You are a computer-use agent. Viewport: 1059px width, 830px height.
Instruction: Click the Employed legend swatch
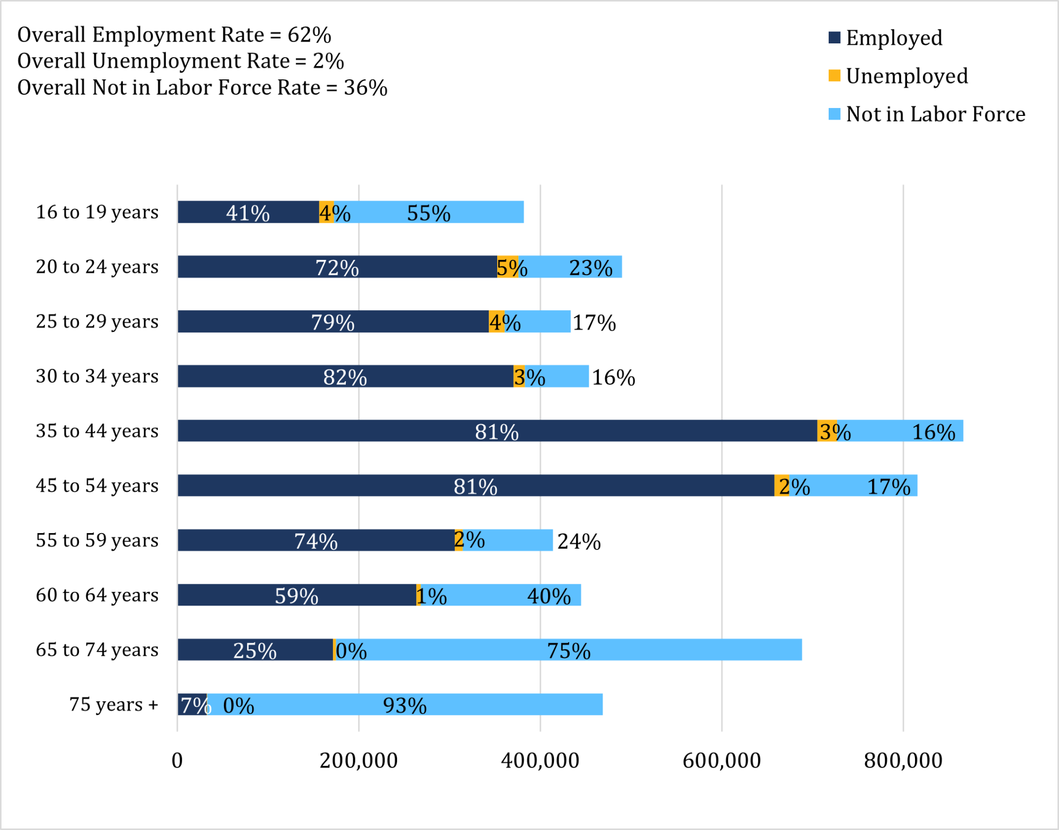coord(834,38)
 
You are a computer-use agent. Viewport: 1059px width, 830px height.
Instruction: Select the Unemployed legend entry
coord(906,76)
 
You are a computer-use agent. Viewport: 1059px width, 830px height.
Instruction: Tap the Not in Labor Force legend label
coord(935,114)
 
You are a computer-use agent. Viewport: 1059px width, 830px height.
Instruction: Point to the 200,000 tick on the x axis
coord(358,761)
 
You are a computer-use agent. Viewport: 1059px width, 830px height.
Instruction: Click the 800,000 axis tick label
coord(903,761)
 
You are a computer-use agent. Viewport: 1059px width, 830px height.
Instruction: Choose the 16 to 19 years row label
coord(97,212)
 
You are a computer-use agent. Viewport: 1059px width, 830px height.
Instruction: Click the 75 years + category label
coord(113,705)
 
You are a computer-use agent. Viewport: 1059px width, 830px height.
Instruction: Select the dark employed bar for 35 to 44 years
coord(497,431)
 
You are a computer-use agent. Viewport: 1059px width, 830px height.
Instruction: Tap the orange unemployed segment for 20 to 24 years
coord(507,267)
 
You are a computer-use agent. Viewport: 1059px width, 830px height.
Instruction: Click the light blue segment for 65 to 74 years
coord(569,650)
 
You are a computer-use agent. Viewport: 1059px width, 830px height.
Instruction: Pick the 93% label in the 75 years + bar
coord(405,706)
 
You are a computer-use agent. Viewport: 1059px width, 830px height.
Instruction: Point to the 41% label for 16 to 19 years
coord(248,213)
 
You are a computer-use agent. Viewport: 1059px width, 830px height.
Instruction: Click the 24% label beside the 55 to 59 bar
coord(579,542)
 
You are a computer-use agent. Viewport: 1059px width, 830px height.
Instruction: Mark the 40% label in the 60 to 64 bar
coord(549,596)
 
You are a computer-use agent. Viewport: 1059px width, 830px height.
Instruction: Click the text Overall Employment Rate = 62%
coord(174,35)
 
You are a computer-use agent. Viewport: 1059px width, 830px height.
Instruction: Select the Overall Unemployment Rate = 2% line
coord(181,61)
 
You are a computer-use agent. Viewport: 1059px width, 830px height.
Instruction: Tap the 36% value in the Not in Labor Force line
coord(365,88)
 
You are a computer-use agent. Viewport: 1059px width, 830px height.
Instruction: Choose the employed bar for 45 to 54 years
coord(475,485)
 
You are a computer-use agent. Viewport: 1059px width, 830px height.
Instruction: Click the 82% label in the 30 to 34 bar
coord(345,377)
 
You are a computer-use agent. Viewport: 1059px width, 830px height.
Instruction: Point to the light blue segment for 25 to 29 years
coord(537,321)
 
